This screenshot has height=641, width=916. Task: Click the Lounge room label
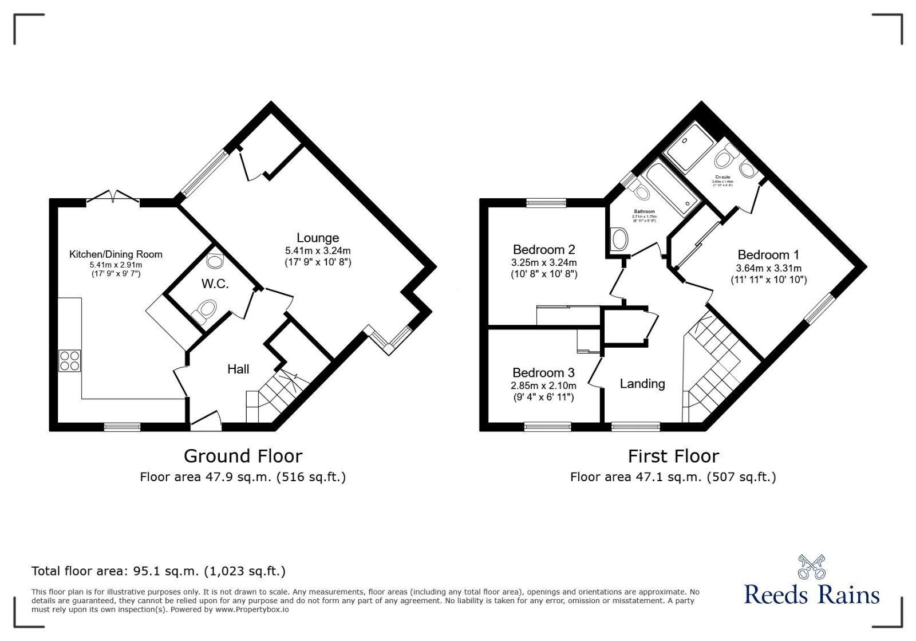pos(318,238)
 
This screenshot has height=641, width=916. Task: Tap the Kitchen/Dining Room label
pos(116,254)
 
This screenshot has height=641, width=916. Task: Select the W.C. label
pos(215,284)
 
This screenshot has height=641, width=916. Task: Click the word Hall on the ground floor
pos(238,369)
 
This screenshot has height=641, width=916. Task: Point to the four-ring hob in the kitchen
pos(70,360)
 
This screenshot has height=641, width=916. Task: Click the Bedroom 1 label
pos(768,255)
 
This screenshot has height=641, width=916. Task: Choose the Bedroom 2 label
pos(544,250)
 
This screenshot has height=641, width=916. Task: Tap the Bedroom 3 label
pos(543,373)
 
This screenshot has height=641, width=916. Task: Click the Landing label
pos(642,384)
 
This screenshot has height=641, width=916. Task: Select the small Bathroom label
pos(644,211)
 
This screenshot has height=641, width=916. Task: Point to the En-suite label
pos(722,177)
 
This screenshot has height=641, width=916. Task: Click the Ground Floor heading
pos(243,456)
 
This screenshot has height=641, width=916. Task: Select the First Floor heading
pos(673,456)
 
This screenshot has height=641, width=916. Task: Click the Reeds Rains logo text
pos(812,595)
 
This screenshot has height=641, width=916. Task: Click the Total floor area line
pos(159,571)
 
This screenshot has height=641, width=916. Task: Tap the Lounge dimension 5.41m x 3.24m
pos(318,251)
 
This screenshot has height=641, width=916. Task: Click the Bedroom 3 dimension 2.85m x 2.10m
pos(543,386)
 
